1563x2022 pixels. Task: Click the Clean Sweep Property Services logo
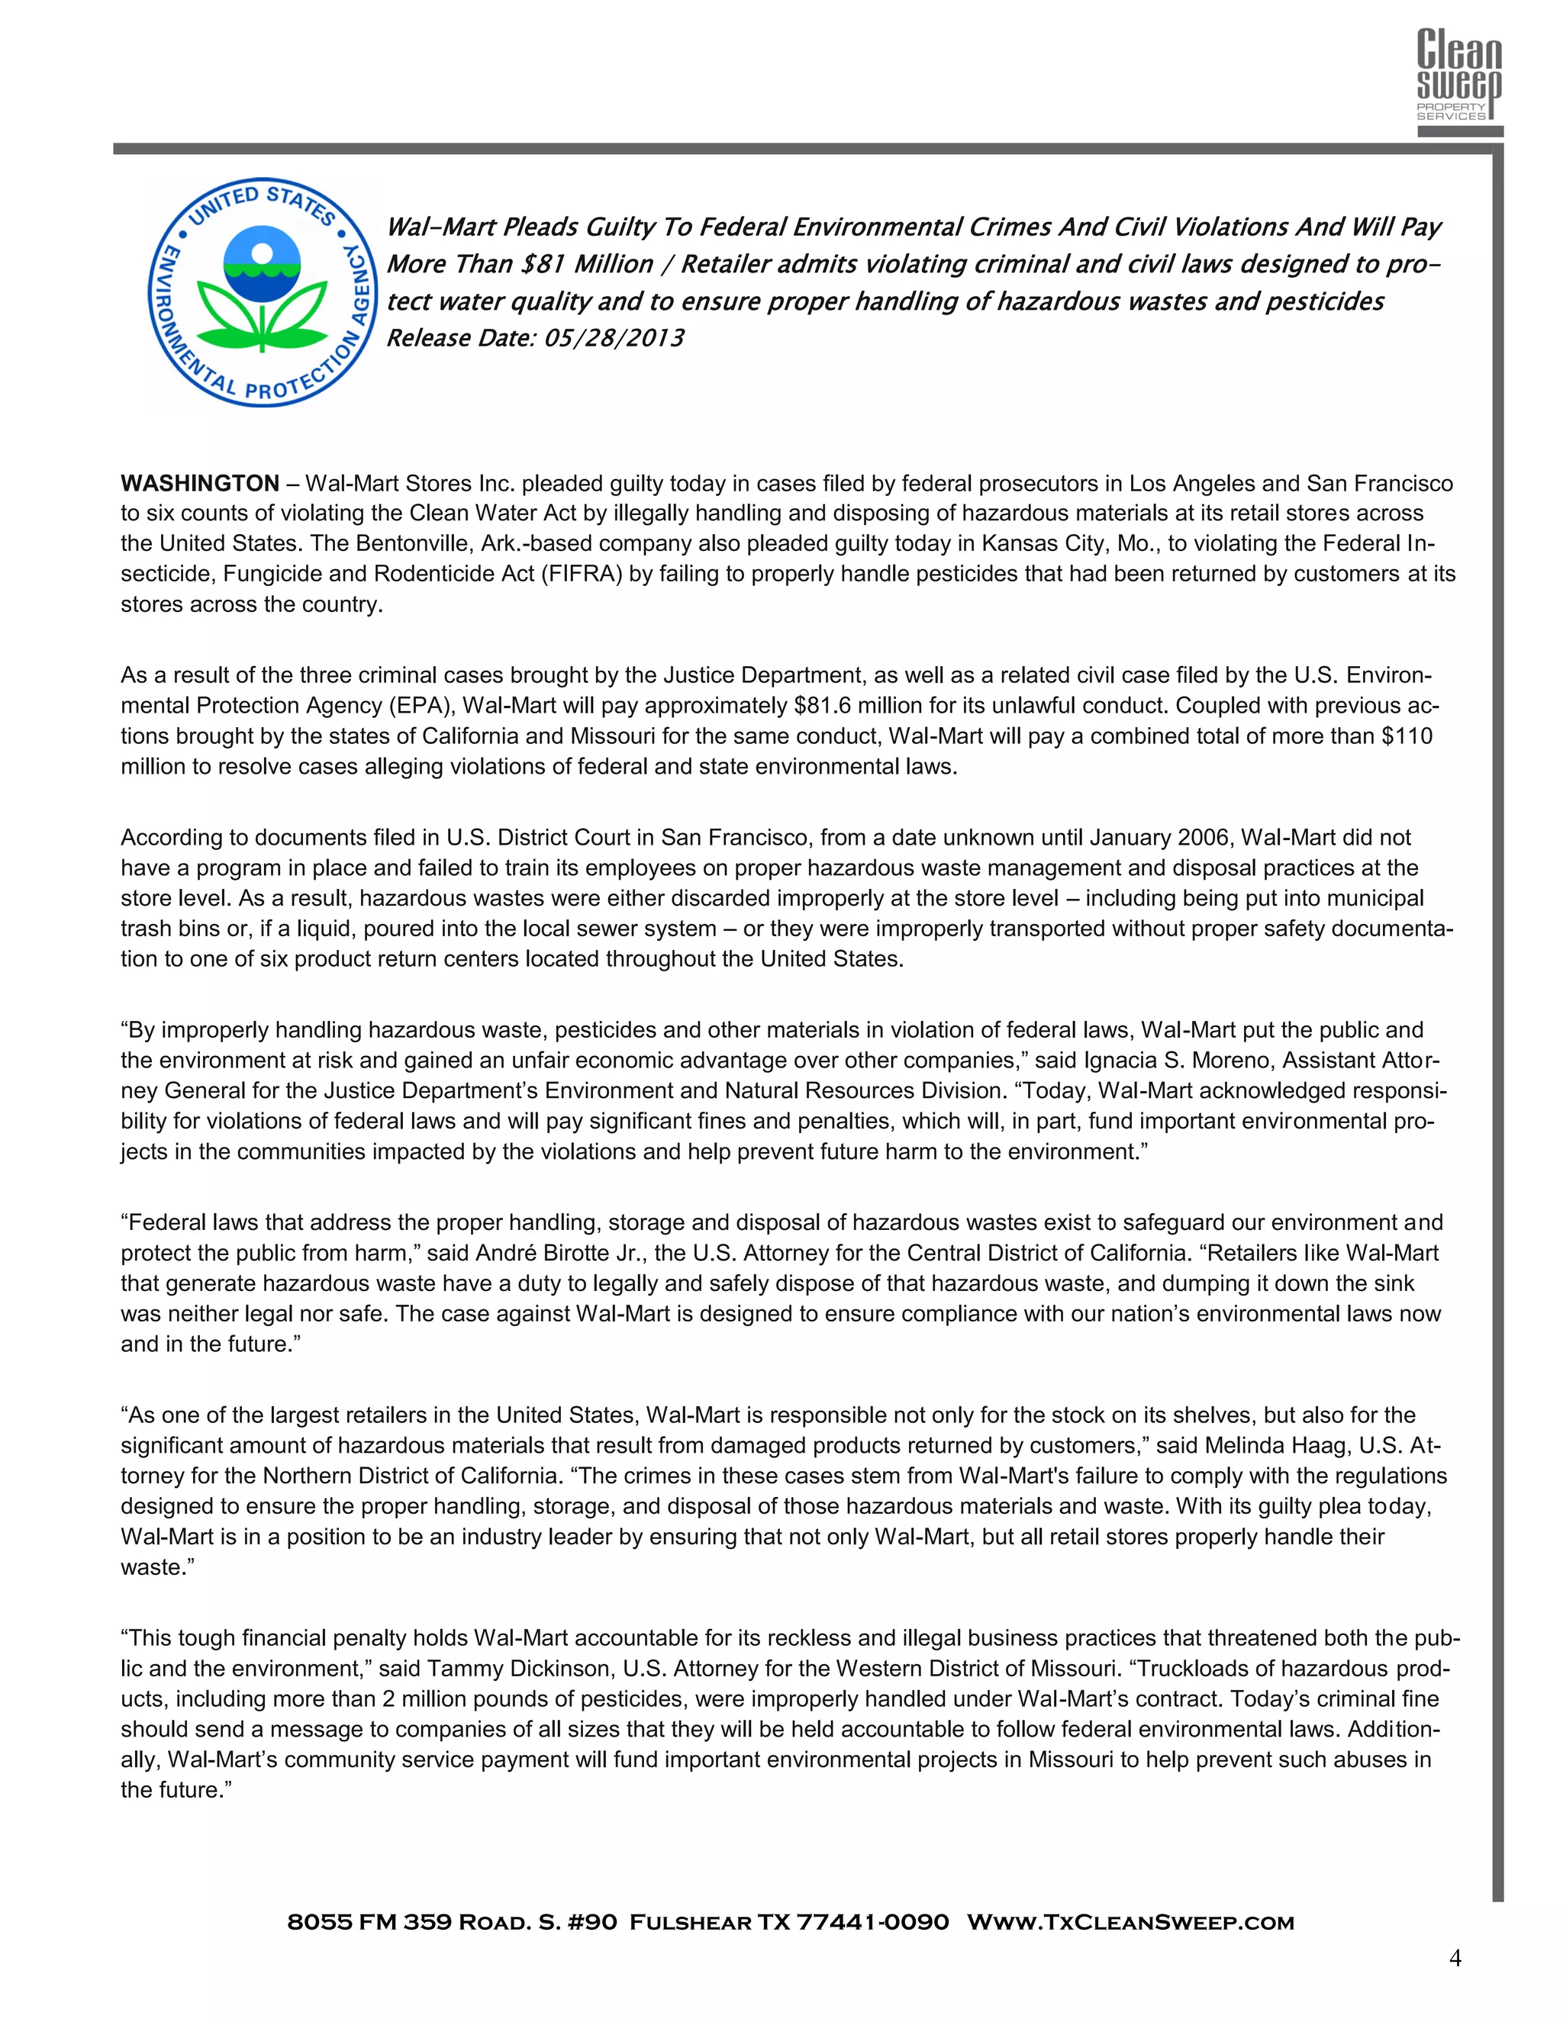[1459, 76]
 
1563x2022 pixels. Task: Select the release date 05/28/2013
[613, 339]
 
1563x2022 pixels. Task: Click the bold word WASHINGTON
[200, 483]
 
